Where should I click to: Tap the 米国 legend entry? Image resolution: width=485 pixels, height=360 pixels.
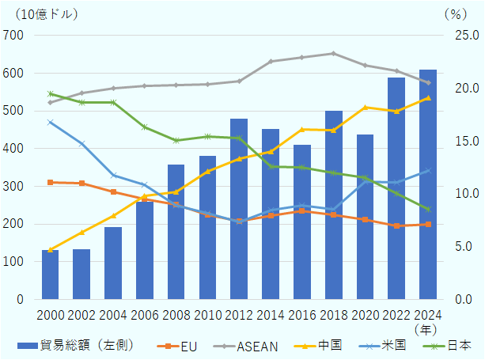[392, 346]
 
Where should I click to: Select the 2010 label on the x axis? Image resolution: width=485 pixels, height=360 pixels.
[207, 315]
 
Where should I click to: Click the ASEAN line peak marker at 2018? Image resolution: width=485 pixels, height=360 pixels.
[333, 53]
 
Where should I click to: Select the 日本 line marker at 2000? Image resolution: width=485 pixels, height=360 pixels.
[50, 93]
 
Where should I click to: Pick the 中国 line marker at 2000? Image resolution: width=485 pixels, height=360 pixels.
[50, 250]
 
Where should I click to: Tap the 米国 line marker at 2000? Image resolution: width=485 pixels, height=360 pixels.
[50, 122]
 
